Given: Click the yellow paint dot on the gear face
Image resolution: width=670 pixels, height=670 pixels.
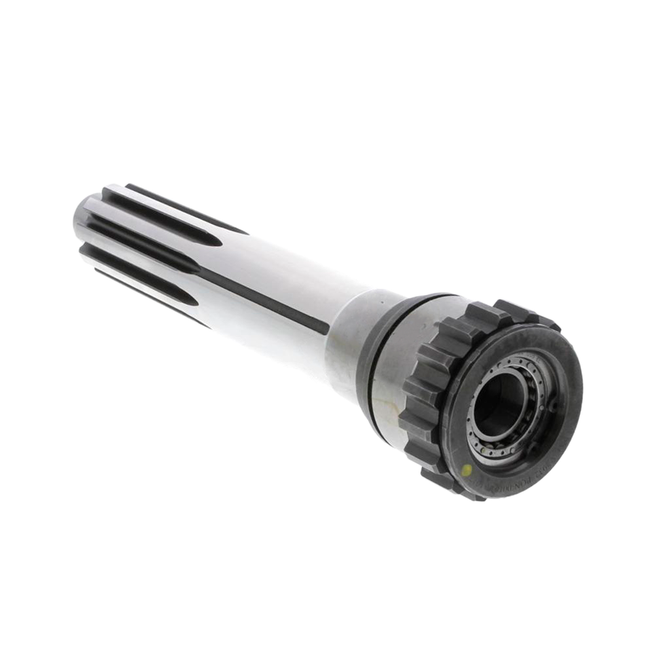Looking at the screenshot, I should (x=465, y=469).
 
